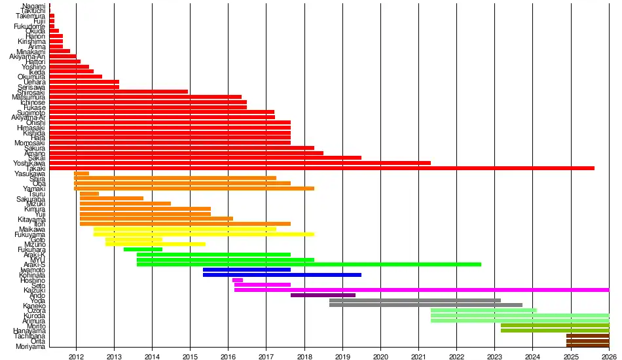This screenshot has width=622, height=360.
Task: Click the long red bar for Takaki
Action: [x=321, y=168]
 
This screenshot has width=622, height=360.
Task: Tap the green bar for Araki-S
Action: [x=308, y=264]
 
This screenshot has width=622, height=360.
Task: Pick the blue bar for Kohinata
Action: [x=282, y=274]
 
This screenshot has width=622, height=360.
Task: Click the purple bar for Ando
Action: [x=323, y=295]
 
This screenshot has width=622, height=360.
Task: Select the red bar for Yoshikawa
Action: [x=240, y=163]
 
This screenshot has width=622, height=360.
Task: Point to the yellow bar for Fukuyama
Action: [x=204, y=234]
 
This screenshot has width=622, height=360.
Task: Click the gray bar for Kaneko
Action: [x=426, y=305]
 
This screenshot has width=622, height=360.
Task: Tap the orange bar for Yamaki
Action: [x=194, y=189]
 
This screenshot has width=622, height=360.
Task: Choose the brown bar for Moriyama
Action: [x=587, y=346]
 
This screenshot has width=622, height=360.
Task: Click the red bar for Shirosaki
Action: [x=119, y=92]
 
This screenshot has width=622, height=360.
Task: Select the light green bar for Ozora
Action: [x=483, y=310]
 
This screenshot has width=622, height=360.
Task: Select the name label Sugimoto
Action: [x=30, y=113]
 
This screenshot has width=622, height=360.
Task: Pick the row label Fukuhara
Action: [x=31, y=249]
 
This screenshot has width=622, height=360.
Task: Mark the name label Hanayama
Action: [x=30, y=331]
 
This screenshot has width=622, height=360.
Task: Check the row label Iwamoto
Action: [x=32, y=269]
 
